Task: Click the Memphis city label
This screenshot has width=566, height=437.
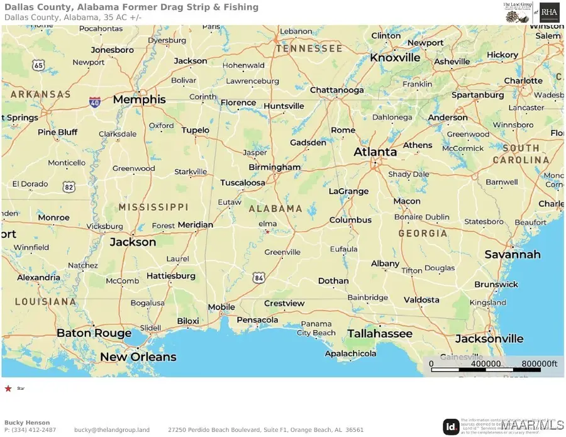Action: tap(139, 99)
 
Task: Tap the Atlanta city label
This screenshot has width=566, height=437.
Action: tap(375, 152)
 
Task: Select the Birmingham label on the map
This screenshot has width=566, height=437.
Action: tap(275, 167)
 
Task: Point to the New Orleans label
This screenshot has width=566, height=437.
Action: tap(138, 357)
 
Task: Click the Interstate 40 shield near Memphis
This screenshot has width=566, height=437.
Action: tap(94, 101)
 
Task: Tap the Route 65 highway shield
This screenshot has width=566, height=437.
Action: tap(39, 65)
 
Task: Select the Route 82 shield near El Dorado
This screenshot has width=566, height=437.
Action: tap(69, 187)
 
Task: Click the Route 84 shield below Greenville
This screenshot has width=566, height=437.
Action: tap(260, 277)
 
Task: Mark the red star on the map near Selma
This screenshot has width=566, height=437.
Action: tap(267, 232)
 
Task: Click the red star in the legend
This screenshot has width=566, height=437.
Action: tap(8, 389)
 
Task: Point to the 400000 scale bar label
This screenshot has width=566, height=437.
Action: tap(486, 363)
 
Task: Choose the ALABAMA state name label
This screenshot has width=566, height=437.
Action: tap(275, 208)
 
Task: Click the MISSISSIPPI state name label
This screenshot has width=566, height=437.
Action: tap(153, 207)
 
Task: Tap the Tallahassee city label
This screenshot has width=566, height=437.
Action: tap(380, 333)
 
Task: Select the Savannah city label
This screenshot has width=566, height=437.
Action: tap(513, 254)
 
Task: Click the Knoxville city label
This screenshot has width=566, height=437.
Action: tap(395, 57)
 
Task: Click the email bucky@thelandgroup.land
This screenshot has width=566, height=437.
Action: tap(112, 429)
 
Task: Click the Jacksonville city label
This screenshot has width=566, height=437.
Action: tap(489, 338)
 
